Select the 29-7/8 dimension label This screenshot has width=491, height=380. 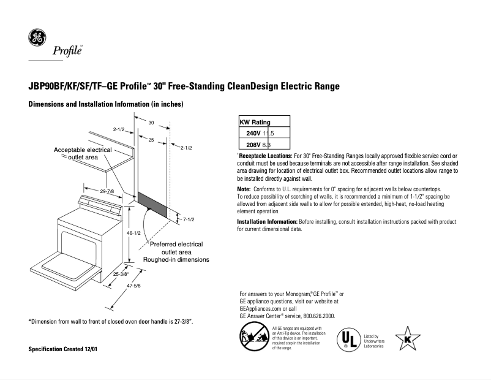pyautogui.click(x=107, y=192)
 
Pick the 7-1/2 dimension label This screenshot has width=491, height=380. pyautogui.click(x=187, y=219)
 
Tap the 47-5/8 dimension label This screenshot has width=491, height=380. pyautogui.click(x=133, y=286)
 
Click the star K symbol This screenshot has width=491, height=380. pyautogui.click(x=408, y=339)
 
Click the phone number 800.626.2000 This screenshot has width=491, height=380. pyautogui.click(x=318, y=316)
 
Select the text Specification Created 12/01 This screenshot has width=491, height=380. pyautogui.click(x=63, y=349)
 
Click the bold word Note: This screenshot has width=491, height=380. pyautogui.click(x=244, y=189)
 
